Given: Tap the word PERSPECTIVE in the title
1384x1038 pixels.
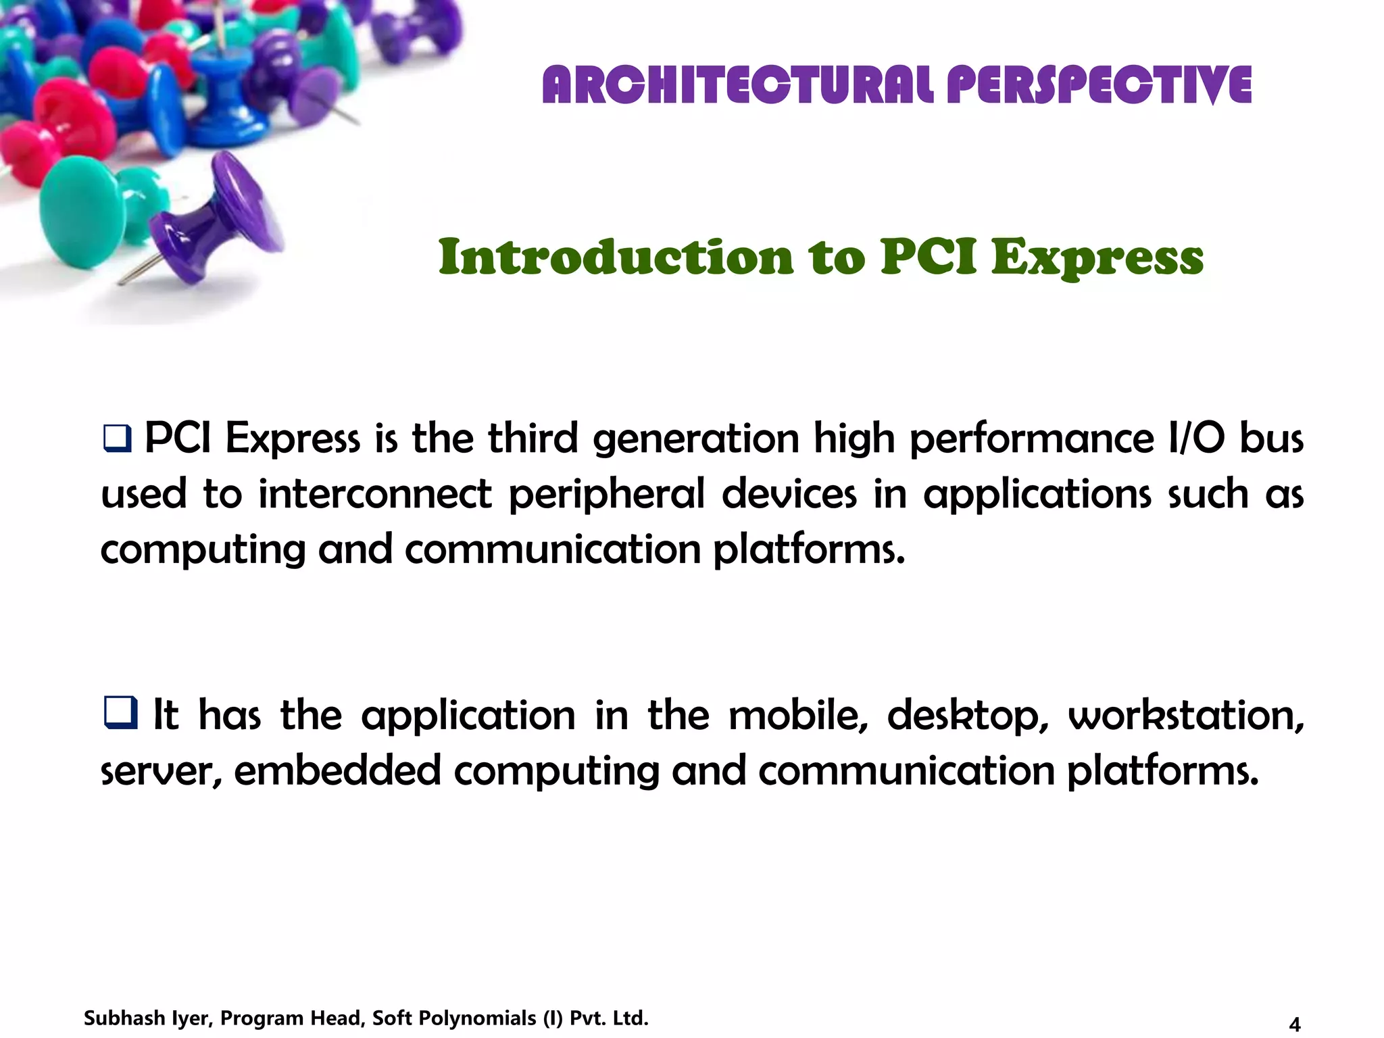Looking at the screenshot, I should click(x=1099, y=85).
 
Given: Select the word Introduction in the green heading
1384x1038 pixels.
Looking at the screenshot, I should click(x=616, y=257).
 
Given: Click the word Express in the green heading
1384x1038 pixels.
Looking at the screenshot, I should click(x=1097, y=259).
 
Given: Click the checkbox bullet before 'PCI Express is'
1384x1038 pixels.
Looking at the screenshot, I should click(x=117, y=439).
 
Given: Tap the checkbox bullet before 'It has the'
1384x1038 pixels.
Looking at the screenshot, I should click(x=120, y=713).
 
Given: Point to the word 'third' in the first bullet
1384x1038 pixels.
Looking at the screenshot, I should click(x=533, y=439).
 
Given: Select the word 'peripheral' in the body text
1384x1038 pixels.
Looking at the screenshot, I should click(x=606, y=494).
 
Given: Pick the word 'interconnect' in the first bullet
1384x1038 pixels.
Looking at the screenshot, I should click(x=375, y=494).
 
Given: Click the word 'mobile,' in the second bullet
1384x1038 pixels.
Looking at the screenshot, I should click(x=798, y=716).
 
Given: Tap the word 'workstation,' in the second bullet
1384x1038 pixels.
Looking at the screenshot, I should click(x=1186, y=716).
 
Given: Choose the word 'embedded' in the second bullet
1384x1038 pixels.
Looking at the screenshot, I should click(x=337, y=770).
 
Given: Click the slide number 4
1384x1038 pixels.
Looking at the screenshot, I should click(x=1295, y=1024).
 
